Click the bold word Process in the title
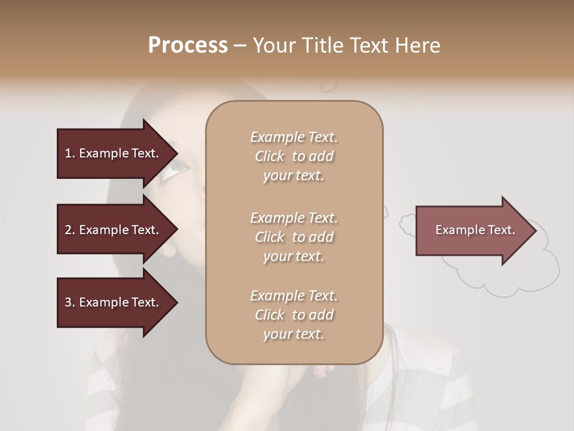coord(188,45)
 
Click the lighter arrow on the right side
coord(472,230)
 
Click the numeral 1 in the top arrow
coord(68,153)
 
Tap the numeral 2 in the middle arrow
coord(68,230)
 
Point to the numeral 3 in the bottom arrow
coord(68,302)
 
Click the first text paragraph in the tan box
coord(294,156)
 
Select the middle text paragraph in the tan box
coord(294,237)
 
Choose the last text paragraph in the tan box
coord(294,315)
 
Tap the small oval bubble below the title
coord(329,86)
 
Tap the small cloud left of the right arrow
coord(407,224)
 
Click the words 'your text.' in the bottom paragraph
coord(294,335)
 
